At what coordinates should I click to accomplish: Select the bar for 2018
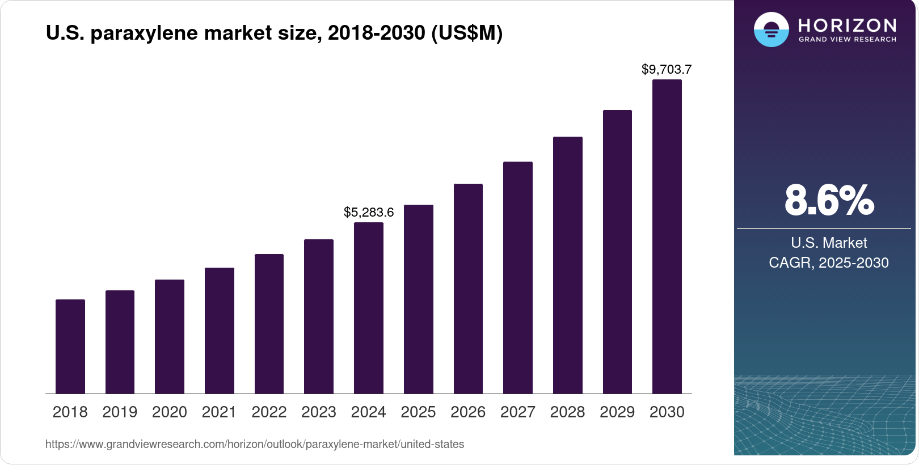(70, 346)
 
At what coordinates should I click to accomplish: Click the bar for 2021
(220, 331)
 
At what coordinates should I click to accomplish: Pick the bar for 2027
(518, 277)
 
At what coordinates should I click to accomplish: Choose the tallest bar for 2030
(667, 236)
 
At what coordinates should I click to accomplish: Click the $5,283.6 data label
(369, 213)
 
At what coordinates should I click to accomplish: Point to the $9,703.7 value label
(667, 70)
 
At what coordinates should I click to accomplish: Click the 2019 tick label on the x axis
(120, 412)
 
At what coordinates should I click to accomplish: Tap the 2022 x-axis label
(269, 412)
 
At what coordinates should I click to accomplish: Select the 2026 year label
(468, 412)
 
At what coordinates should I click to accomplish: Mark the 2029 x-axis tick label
(617, 412)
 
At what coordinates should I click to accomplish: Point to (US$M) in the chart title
(467, 33)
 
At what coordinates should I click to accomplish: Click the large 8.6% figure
(829, 201)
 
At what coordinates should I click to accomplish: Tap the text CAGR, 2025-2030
(829, 263)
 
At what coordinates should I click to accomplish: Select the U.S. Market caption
(829, 243)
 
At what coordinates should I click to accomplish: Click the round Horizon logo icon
(771, 29)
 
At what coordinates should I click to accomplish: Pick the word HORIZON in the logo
(847, 26)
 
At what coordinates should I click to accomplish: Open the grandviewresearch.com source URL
(255, 445)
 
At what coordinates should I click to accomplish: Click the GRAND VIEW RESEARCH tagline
(848, 40)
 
